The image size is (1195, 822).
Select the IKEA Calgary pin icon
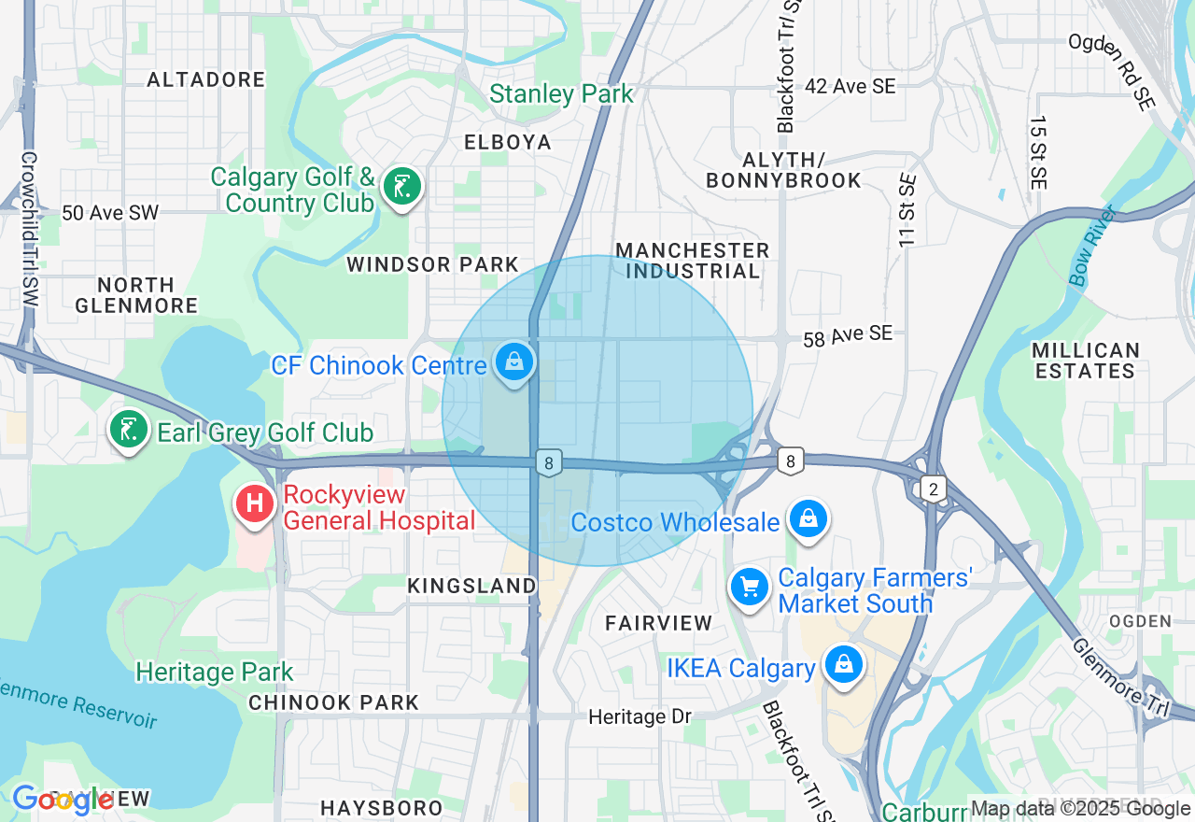[844, 665]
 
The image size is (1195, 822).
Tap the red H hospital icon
[253, 504]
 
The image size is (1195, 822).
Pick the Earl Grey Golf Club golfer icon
[130, 430]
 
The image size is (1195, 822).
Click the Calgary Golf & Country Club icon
[401, 187]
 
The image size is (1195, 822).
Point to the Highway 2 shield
[931, 487]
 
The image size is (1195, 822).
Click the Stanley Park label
[561, 94]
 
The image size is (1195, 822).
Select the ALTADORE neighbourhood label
[206, 80]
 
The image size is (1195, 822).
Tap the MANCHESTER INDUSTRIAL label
[693, 261]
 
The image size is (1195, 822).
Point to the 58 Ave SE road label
[847, 333]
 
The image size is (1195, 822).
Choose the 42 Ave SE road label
[850, 86]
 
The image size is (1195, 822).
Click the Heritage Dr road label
[640, 716]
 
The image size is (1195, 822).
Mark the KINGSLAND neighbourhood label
[472, 586]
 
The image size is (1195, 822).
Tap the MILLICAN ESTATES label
[1086, 361]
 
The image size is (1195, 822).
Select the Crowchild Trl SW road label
[28, 231]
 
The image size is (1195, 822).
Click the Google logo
[63, 800]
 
